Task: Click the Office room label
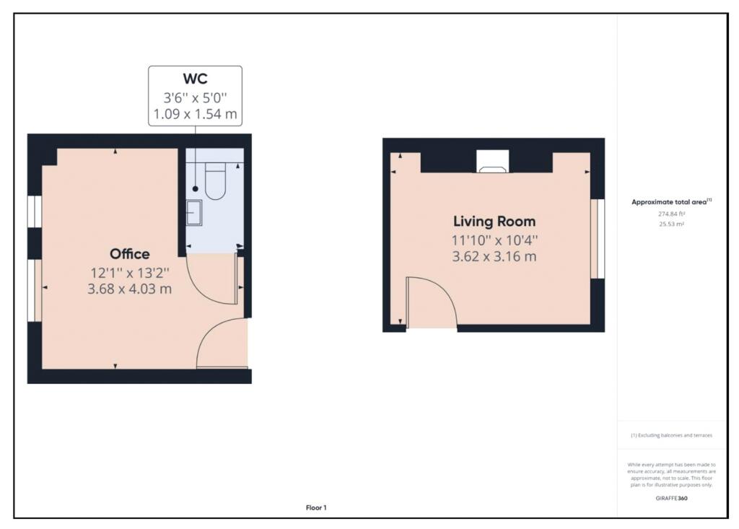pyautogui.click(x=130, y=254)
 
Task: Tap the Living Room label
pyautogui.click(x=494, y=222)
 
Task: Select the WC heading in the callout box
pyautogui.click(x=195, y=78)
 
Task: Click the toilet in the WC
pyautogui.click(x=216, y=181)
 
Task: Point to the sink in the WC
pyautogui.click(x=194, y=212)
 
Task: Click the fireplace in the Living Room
pyautogui.click(x=493, y=164)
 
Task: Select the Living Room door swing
pyautogui.click(x=432, y=302)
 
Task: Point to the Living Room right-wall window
pyautogui.click(x=595, y=238)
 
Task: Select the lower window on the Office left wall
pyautogui.click(x=34, y=289)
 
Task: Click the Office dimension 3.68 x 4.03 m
pyautogui.click(x=130, y=289)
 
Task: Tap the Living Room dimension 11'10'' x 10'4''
pyautogui.click(x=494, y=240)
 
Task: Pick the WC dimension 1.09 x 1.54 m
pyautogui.click(x=195, y=114)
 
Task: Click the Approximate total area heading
pyautogui.click(x=670, y=202)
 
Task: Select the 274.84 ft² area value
pyautogui.click(x=670, y=214)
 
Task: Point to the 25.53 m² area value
pyautogui.click(x=670, y=224)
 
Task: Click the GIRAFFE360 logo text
pyautogui.click(x=670, y=498)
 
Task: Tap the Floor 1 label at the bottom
pyautogui.click(x=316, y=508)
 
